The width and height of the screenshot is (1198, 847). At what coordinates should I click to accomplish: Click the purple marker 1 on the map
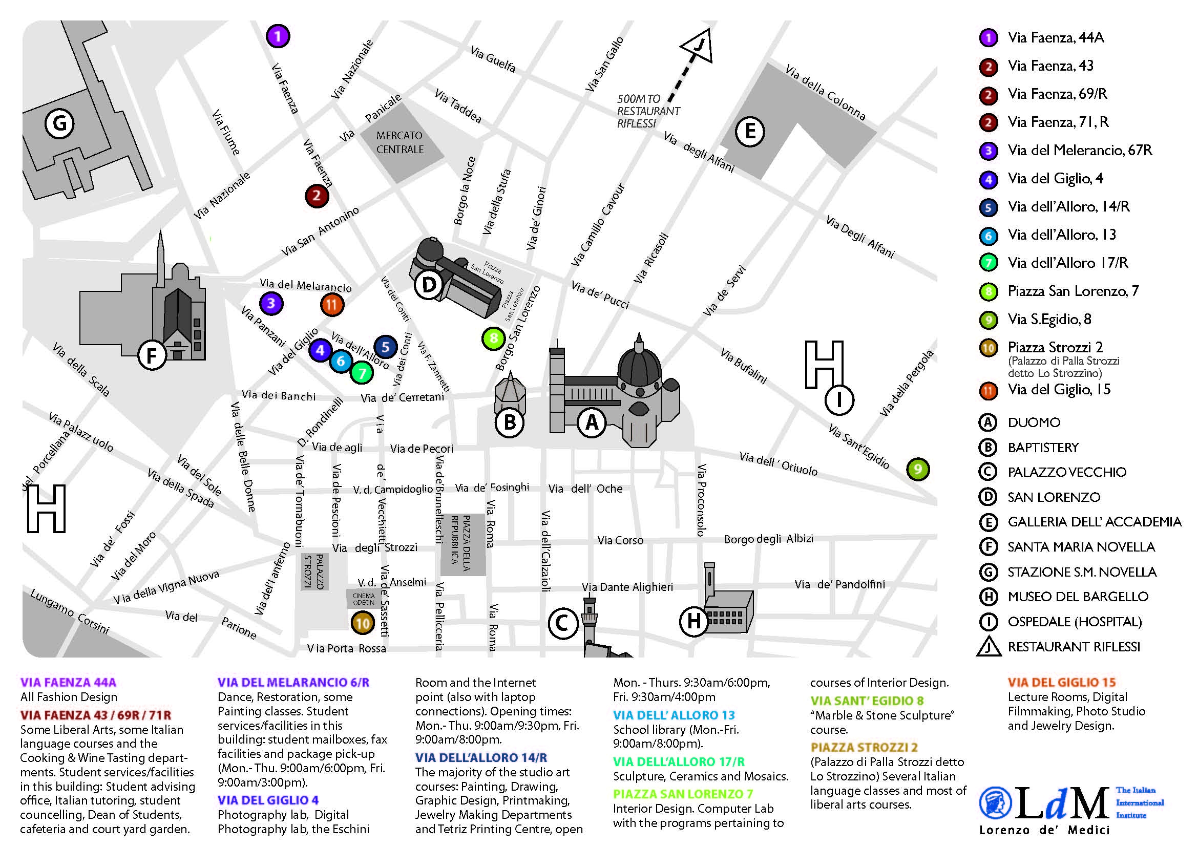click(x=278, y=36)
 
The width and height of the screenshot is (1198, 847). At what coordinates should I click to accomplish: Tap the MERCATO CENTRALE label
click(x=400, y=142)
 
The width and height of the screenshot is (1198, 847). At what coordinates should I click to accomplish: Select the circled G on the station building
click(x=59, y=124)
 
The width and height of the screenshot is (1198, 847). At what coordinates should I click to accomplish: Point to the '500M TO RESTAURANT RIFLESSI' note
click(x=647, y=111)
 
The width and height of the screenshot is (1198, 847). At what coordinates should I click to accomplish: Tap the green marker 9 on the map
click(x=918, y=470)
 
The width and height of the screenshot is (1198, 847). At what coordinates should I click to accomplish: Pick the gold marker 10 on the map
click(x=363, y=623)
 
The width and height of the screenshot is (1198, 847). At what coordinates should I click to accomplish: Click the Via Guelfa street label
click(x=493, y=59)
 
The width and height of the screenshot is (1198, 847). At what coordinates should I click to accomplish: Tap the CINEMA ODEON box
click(x=364, y=599)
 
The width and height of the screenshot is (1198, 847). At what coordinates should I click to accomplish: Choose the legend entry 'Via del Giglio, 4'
click(x=1055, y=179)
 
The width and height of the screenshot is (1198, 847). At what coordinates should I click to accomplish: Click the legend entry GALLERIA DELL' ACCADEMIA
click(x=1094, y=522)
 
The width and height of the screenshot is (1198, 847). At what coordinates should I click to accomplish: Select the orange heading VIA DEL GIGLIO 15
click(x=1061, y=682)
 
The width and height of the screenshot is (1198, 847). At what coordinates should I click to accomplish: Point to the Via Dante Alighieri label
click(x=627, y=587)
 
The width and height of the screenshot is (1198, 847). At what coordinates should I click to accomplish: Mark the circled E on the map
click(x=750, y=132)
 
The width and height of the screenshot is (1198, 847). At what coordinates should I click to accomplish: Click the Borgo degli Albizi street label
click(x=769, y=539)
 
